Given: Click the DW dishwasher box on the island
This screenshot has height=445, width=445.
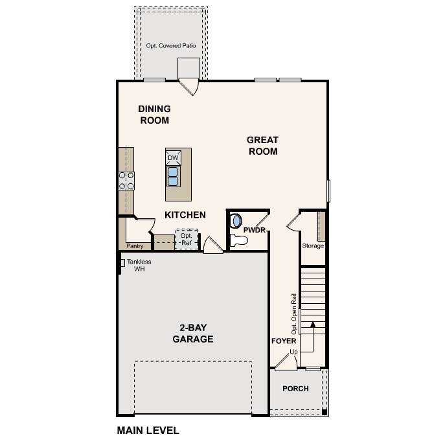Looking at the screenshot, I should (x=173, y=158).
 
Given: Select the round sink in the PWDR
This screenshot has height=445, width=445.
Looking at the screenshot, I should (x=236, y=220).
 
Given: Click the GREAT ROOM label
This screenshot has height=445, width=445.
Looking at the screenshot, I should (x=262, y=146).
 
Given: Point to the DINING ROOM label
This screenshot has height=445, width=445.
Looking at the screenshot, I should (x=154, y=115).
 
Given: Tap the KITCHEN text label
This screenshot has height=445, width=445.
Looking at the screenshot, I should (x=185, y=215).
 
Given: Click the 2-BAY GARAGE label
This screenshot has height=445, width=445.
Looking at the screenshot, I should (x=193, y=333).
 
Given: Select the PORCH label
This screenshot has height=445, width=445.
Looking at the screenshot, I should (x=295, y=389).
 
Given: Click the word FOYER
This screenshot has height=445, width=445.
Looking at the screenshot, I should (x=284, y=340).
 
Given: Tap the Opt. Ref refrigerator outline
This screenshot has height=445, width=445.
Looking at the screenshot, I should (x=187, y=239).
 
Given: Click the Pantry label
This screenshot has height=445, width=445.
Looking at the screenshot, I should (x=135, y=245).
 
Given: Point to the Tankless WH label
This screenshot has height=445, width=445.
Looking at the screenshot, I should (x=139, y=265).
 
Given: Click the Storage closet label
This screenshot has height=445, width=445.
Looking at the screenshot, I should (x=313, y=245).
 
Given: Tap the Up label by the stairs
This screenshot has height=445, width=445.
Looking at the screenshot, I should (x=293, y=352).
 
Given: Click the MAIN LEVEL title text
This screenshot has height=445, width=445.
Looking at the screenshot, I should (x=148, y=430).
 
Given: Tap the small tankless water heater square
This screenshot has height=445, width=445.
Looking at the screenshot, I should (x=122, y=262).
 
